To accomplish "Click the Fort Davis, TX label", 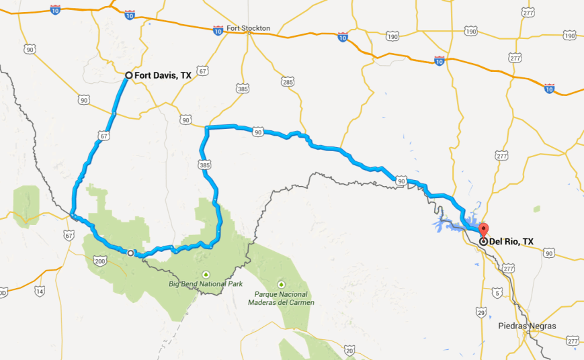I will point(163,76).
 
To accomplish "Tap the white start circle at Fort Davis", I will point(128,75).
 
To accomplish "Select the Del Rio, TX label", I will point(511,241).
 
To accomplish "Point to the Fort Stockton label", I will point(249,28).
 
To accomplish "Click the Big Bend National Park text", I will point(206,284).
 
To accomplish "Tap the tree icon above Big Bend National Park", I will point(206,273).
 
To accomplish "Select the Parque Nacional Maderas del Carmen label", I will point(281,298).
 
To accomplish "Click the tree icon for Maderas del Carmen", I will point(281,284).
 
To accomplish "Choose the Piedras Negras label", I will point(527,326).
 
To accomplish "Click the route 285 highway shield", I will point(288,82).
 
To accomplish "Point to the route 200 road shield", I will point(100,260).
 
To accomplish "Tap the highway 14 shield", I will point(40,291).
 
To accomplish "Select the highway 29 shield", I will point(480,312).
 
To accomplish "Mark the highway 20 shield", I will point(349,350).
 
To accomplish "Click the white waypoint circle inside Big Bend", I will point(131,253).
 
